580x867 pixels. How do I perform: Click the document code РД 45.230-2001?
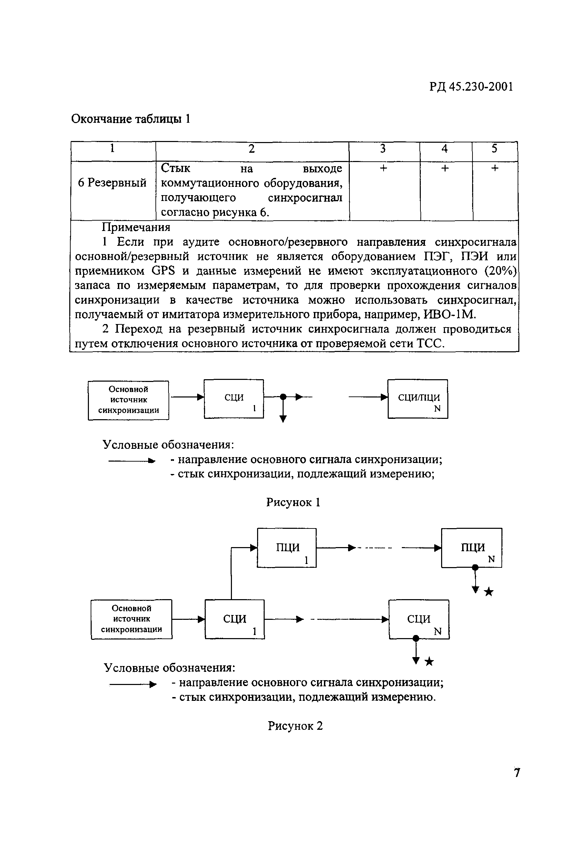tap(471, 87)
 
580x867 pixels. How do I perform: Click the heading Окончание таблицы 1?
tap(131, 119)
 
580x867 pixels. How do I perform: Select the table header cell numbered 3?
tap(383, 149)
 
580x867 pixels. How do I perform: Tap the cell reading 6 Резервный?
tap(112, 183)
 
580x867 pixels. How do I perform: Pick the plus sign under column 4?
tap(445, 168)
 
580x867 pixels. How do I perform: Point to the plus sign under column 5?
tap(495, 168)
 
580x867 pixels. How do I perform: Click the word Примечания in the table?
tap(136, 227)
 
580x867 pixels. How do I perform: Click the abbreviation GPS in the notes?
tap(163, 271)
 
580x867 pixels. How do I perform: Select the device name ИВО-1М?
tap(449, 314)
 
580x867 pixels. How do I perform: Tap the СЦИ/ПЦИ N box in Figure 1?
tap(418, 399)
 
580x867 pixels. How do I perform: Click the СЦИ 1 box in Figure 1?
tap(234, 399)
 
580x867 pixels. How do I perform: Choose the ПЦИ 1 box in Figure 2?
tap(287, 548)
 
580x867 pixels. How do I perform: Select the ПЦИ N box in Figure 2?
tap(472, 548)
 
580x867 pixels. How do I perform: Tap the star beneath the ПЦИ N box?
tap(489, 592)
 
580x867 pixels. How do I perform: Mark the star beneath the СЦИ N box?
tap(429, 661)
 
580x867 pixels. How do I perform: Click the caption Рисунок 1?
tap(293, 503)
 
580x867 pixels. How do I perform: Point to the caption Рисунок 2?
tap(295, 726)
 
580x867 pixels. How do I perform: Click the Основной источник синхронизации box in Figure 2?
tap(132, 619)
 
